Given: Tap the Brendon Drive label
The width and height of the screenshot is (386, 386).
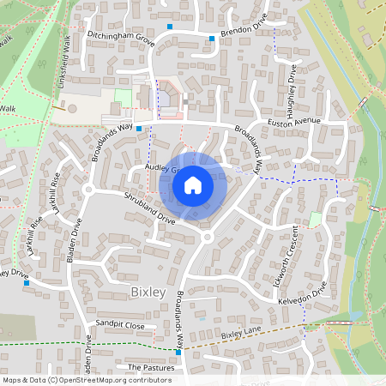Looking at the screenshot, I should (x=244, y=29).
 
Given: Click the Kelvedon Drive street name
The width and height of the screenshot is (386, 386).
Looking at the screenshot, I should (x=303, y=296).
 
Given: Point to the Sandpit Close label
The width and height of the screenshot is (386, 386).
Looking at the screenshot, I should (x=121, y=326).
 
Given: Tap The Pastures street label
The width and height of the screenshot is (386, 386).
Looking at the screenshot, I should (x=150, y=367).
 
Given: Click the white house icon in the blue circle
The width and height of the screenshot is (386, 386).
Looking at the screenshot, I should (x=193, y=184).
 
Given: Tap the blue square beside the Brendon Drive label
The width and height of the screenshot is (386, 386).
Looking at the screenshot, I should (x=212, y=39).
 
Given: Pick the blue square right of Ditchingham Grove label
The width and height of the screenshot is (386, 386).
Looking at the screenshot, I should (x=170, y=27).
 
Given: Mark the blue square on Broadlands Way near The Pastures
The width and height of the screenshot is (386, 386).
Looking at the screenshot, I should (x=178, y=352).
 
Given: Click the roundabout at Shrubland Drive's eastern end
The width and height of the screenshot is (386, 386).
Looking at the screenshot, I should (x=207, y=236).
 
